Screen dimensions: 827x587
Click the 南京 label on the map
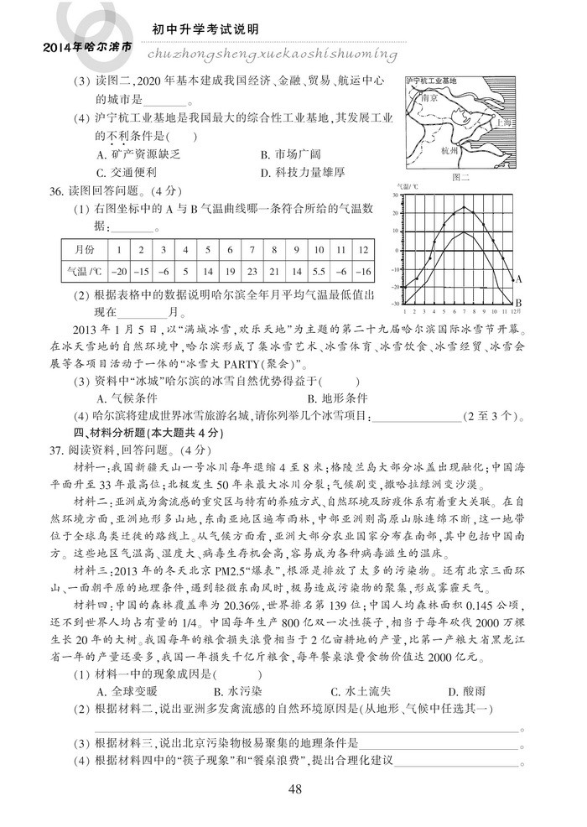pos(429,97)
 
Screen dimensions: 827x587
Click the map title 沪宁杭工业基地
pos(430,81)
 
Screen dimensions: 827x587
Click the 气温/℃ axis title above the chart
pos(406,190)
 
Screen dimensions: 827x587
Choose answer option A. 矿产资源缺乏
pos(140,154)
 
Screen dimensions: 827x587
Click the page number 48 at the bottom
pos(293,788)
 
